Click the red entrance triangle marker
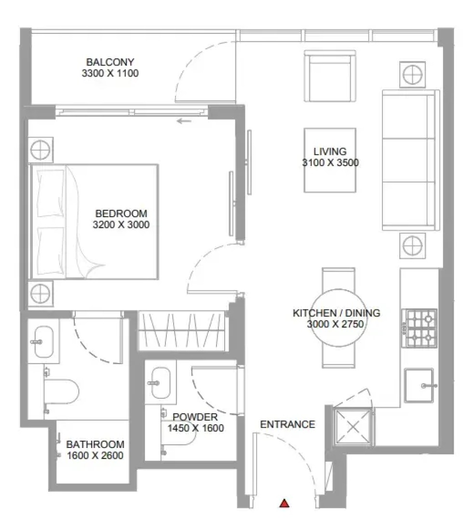tap(284, 503)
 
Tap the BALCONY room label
tap(110, 62)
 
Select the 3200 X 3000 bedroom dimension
tap(121, 224)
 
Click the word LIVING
tap(330, 152)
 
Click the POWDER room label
tap(195, 417)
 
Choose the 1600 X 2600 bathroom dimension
tap(95, 456)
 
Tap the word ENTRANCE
tap(287, 424)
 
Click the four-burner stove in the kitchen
tap(419, 328)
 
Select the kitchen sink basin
tap(419, 385)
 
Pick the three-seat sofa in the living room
tap(411, 160)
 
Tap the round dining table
tap(339, 318)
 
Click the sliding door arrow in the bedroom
tap(184, 121)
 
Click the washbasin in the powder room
tap(161, 383)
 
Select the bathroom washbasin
tap(44, 342)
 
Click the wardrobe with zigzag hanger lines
tap(182, 331)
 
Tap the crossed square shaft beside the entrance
tap(353, 427)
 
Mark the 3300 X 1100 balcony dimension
tap(110, 73)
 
